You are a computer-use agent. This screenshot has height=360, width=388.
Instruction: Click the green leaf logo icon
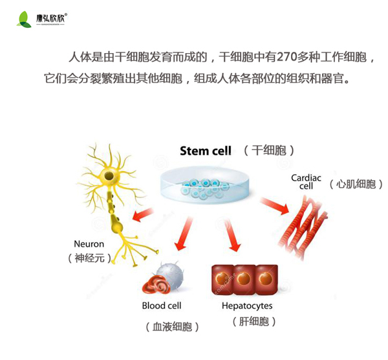25,19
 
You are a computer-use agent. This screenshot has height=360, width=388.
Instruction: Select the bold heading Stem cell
205,151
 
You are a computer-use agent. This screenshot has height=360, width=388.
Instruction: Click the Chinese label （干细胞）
269,151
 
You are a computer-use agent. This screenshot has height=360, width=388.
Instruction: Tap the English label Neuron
89,244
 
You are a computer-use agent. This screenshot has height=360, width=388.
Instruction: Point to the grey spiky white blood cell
171,275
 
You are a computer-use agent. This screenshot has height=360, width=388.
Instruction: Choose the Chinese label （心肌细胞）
352,184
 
